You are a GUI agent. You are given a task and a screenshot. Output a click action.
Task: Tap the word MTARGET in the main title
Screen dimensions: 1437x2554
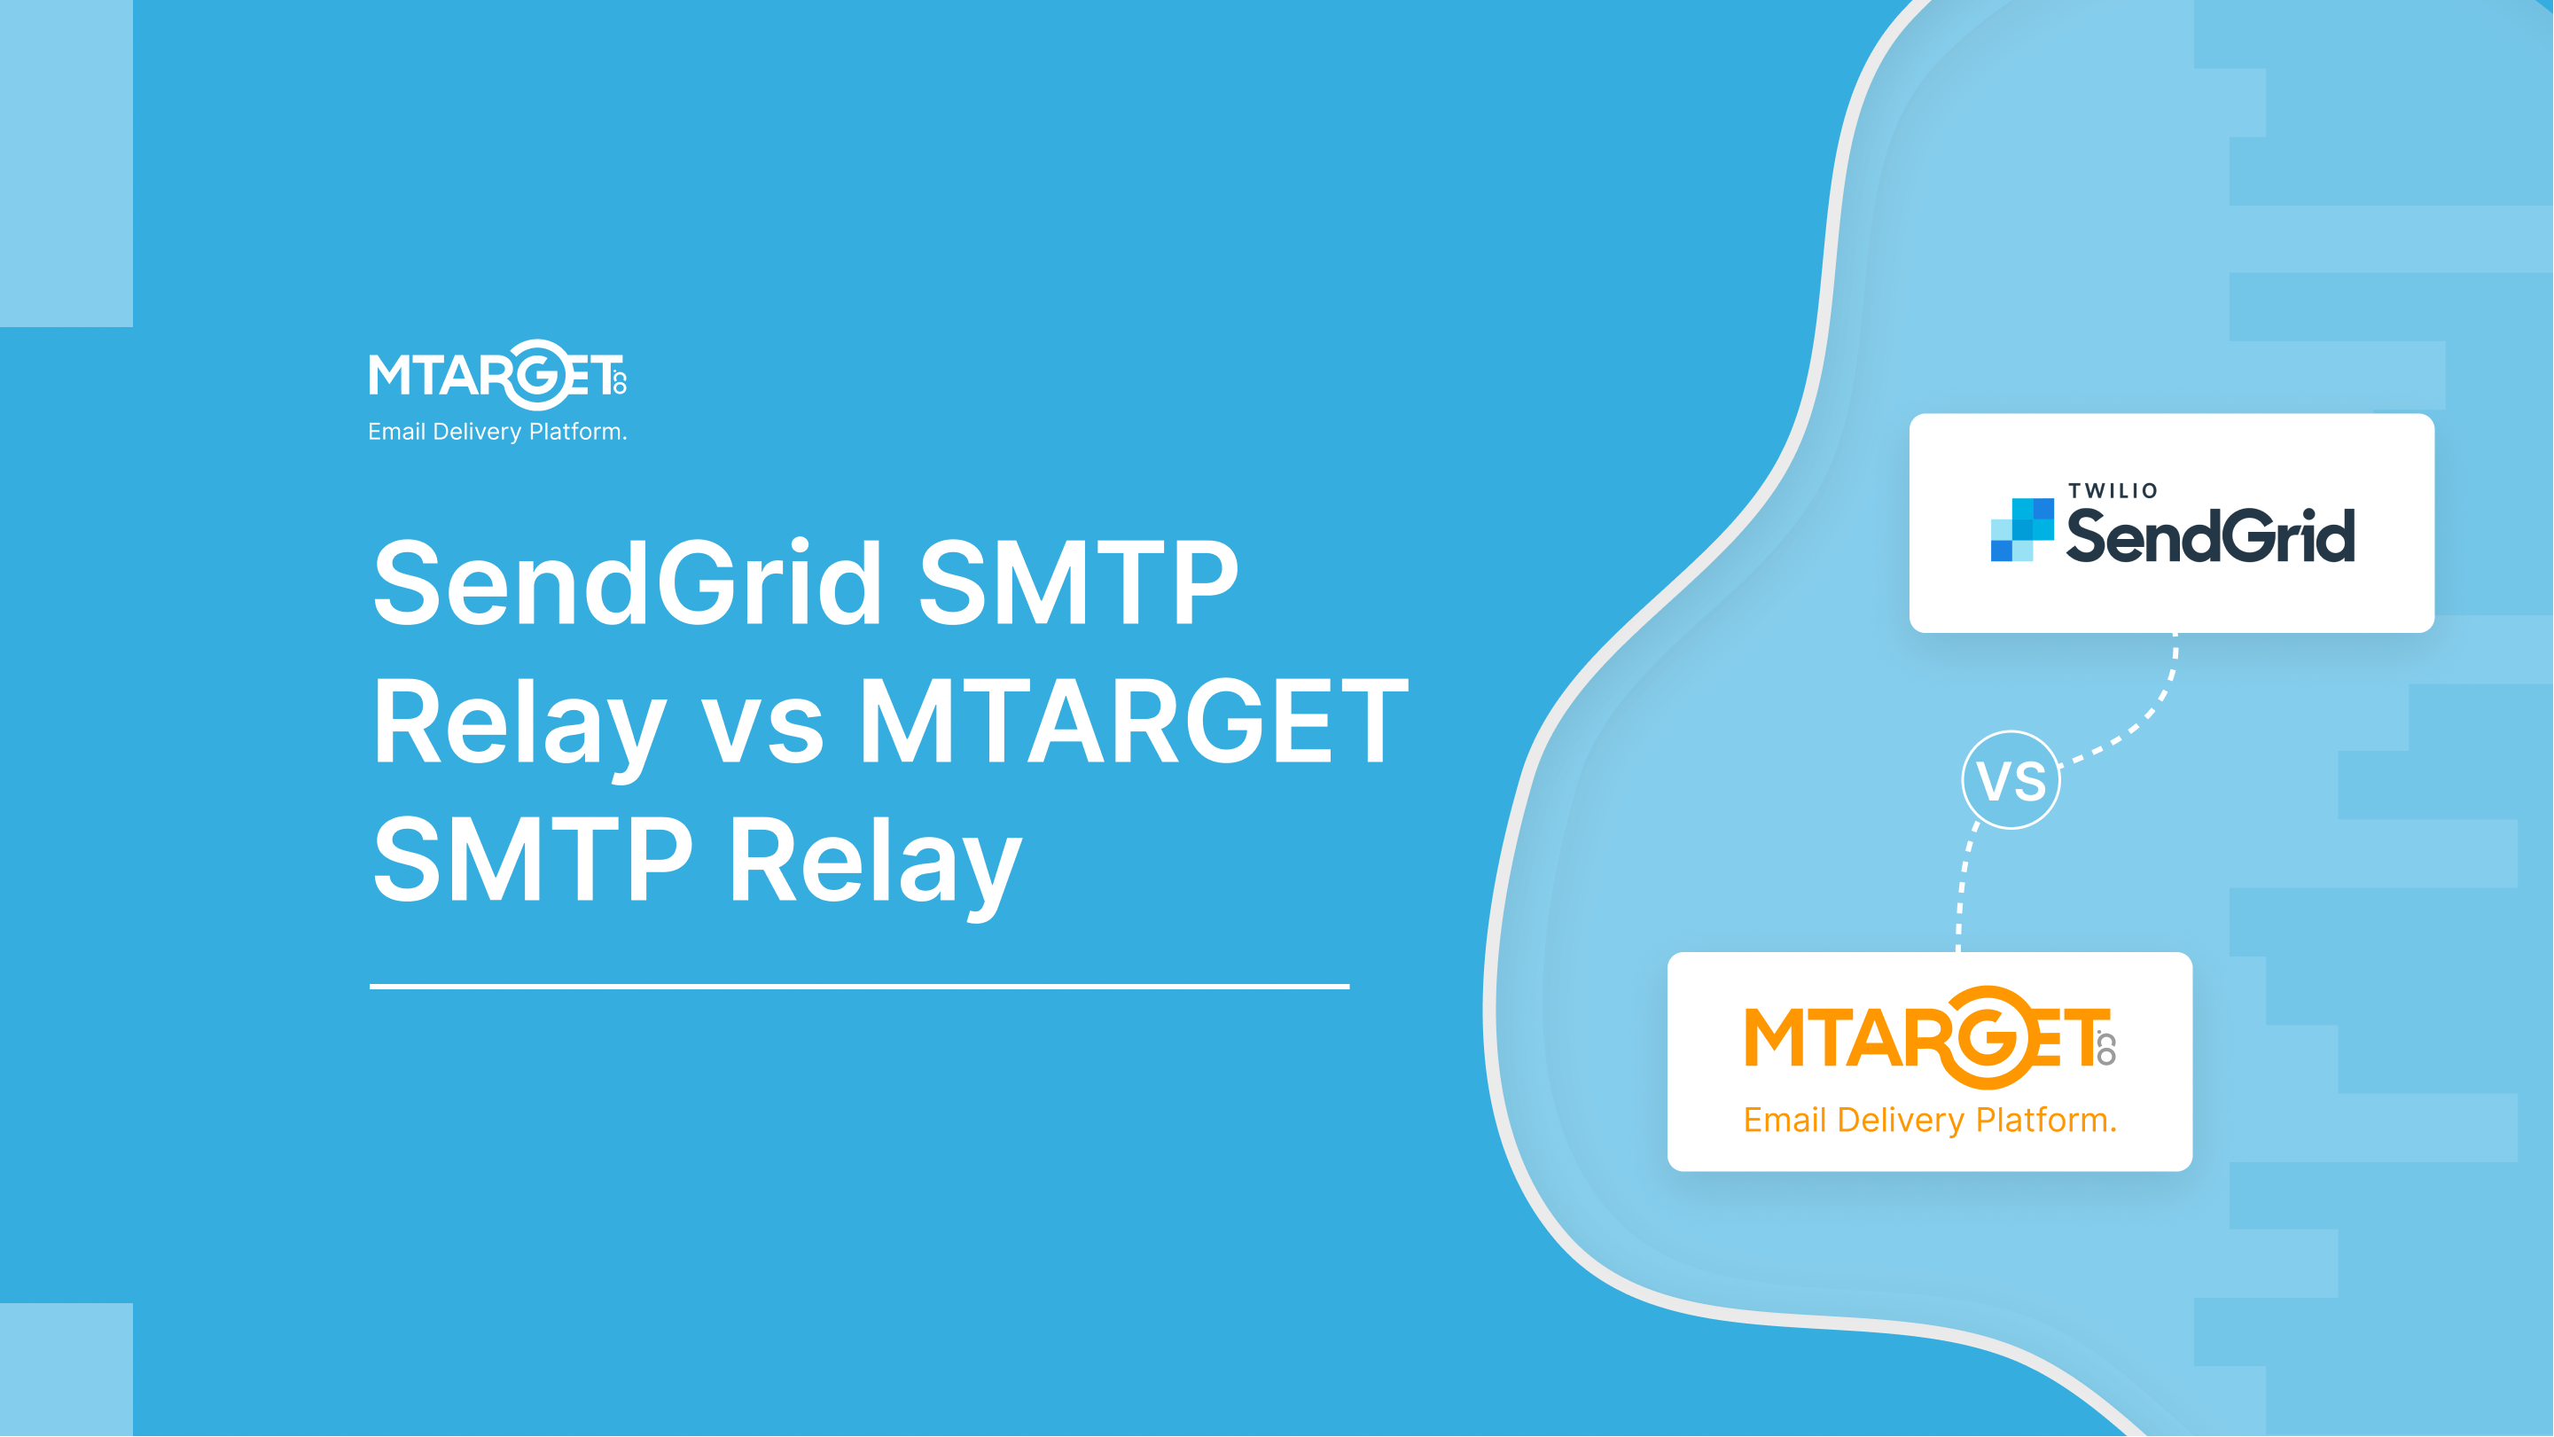1132,721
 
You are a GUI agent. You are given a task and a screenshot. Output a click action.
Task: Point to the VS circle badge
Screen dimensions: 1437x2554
2011,779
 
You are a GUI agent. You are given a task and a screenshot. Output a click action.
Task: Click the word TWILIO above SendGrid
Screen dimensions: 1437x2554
2113,491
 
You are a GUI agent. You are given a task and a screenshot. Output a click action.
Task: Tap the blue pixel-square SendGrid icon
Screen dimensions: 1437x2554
2021,529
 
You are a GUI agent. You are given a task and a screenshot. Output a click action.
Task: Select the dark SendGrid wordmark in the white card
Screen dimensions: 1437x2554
2210,535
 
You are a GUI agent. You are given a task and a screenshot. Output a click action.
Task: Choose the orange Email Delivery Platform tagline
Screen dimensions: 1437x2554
1929,1120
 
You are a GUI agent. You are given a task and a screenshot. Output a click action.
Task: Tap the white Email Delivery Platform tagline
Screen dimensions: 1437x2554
497,432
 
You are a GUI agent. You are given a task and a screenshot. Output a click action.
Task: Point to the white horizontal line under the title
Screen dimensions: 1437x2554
859,986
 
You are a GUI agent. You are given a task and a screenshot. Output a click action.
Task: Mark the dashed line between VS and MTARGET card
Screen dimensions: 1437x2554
1962,887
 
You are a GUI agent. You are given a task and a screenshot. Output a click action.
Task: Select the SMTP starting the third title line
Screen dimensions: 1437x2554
533,859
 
